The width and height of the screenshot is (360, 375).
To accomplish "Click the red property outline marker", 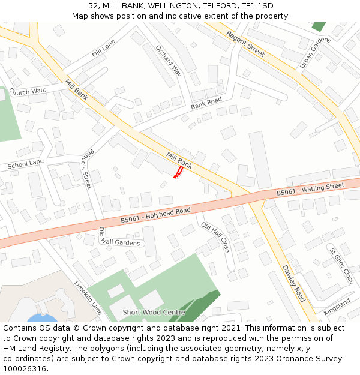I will [178, 173].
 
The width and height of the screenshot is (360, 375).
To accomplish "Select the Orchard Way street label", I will [168, 61].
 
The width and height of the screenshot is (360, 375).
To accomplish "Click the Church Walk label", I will [28, 91].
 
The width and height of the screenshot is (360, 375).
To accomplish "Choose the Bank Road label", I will [206, 103].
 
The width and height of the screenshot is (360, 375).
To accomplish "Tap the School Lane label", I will [26, 163].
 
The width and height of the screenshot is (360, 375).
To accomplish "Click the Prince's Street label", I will [87, 169].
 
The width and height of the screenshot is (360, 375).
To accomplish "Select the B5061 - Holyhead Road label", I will [155, 215].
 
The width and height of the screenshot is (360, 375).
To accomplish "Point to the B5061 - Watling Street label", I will [310, 190].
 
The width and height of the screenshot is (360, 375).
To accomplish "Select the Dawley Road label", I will [293, 283].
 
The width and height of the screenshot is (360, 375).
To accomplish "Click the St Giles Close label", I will [341, 265].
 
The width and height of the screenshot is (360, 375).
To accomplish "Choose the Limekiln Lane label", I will [88, 298].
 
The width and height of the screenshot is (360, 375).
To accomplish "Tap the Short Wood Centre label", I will [154, 313].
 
